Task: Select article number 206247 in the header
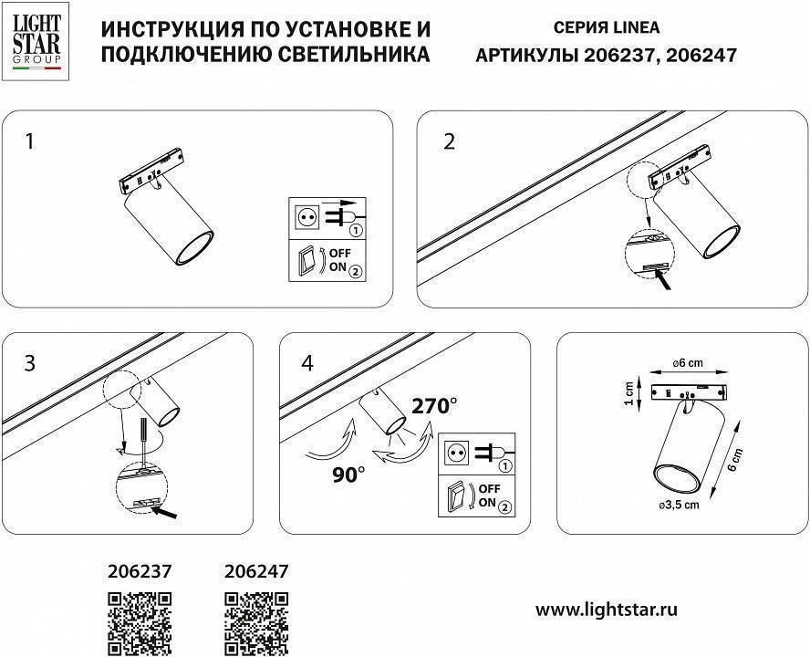click(x=701, y=55)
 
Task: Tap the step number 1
click(x=31, y=141)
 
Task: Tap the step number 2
click(x=449, y=141)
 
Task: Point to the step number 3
click(x=30, y=363)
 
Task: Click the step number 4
click(x=306, y=363)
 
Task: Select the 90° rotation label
click(x=348, y=474)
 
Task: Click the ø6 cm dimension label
click(x=690, y=363)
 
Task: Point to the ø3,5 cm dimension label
click(x=679, y=504)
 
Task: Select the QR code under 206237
click(x=140, y=623)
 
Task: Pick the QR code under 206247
click(x=256, y=623)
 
